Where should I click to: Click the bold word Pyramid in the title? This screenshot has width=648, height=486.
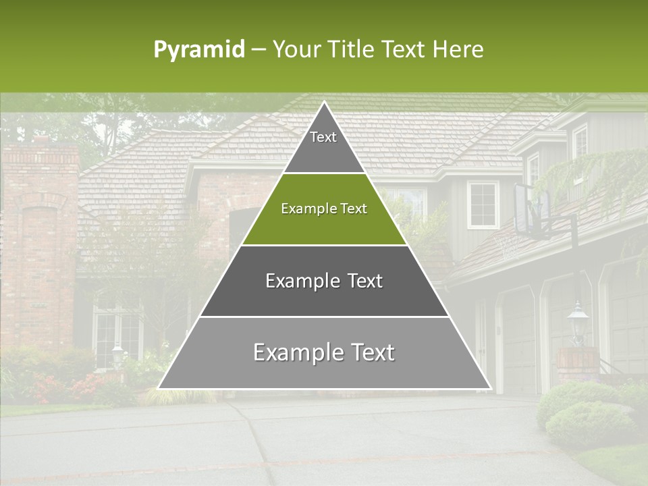(198, 50)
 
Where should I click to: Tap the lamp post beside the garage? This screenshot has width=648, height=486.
(576, 325)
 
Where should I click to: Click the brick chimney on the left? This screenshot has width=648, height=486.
(40, 243)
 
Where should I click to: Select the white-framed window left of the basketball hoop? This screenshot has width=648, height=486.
(483, 204)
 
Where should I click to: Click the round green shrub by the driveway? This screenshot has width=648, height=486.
(580, 421)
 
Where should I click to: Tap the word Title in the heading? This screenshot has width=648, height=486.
(351, 49)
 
